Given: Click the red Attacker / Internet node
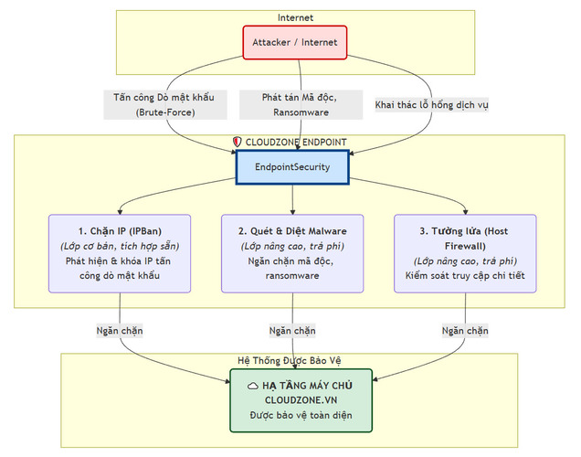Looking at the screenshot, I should [294, 42].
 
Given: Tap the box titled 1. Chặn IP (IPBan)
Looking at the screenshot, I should [121, 253].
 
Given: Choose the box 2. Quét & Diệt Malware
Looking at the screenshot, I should [292, 253].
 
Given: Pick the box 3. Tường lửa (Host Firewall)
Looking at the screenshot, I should [464, 253].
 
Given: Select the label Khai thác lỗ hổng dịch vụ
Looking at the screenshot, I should [432, 105].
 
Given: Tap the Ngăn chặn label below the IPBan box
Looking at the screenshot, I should [121, 330].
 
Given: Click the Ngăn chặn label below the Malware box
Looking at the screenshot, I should [292, 330].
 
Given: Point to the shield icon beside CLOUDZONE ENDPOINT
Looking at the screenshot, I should [238, 143].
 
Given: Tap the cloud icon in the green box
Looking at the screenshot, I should [252, 386].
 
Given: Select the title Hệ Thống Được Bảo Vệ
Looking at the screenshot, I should [294, 360].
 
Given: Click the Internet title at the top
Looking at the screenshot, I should [294, 17].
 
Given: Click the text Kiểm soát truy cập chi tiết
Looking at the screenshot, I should [464, 275].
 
